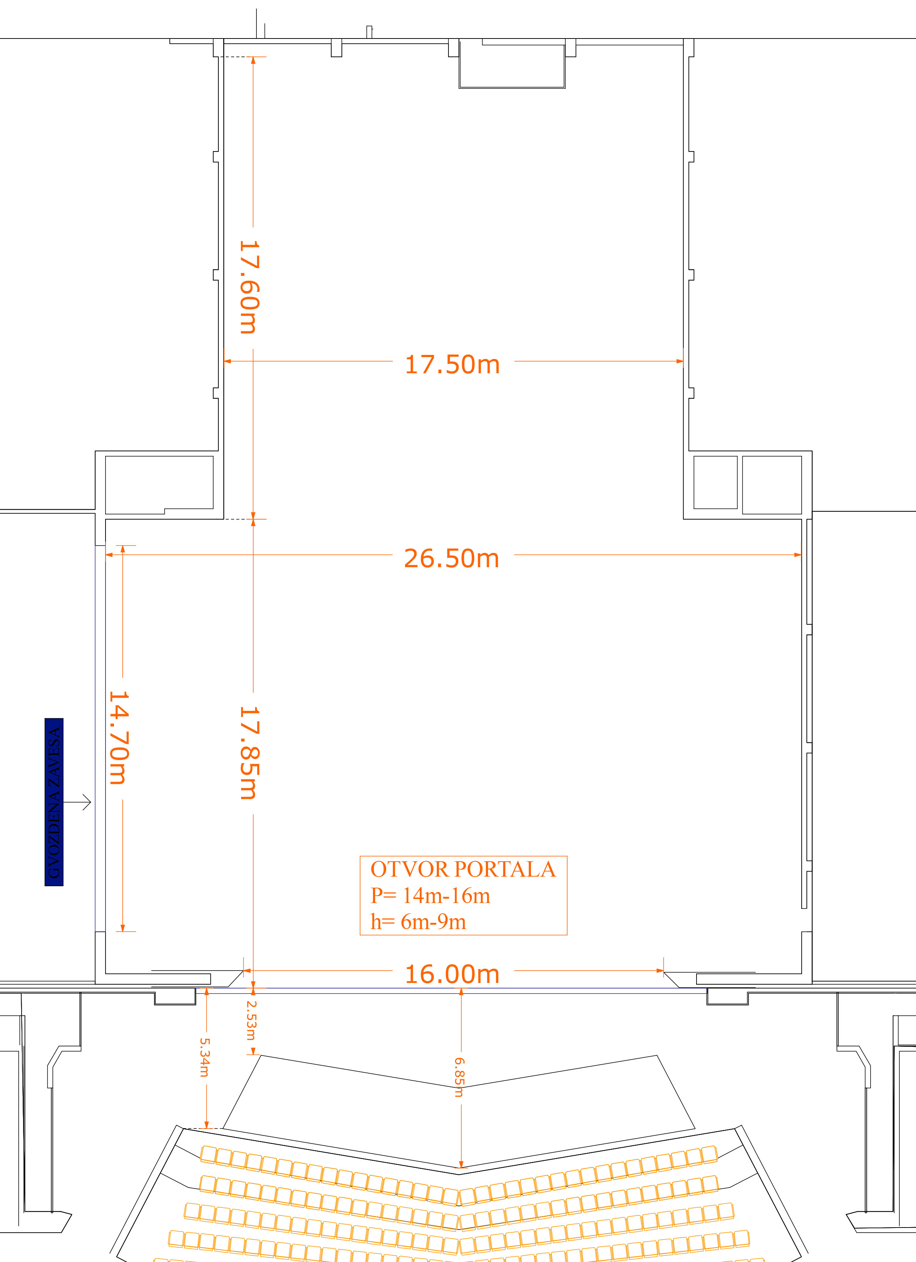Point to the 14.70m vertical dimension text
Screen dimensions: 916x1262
tap(119, 737)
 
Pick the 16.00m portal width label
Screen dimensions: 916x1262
tap(452, 974)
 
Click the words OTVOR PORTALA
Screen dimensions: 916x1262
tap(463, 869)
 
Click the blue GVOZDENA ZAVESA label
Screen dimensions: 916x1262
tap(54, 802)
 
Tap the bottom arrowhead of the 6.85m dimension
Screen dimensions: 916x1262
tap(461, 1164)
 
